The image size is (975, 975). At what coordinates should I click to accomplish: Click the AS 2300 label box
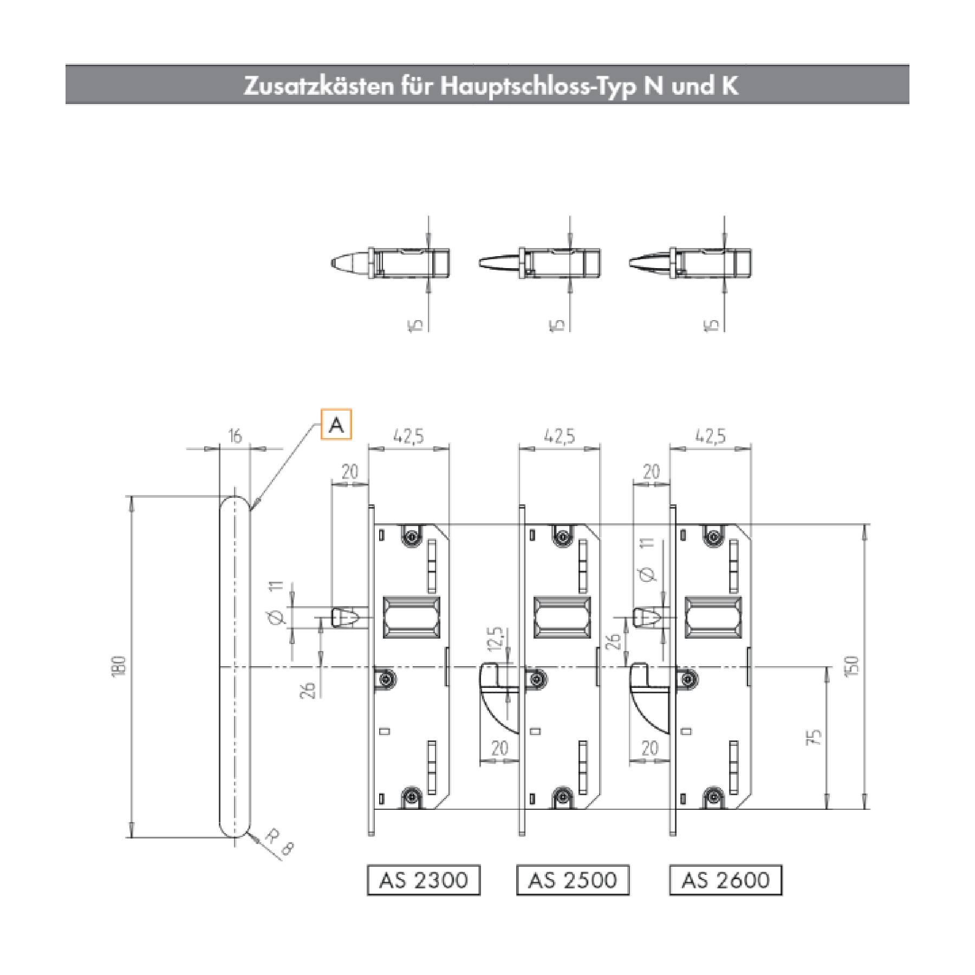424,880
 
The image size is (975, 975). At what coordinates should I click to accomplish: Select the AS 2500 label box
573,880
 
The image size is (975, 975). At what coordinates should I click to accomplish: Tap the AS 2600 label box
726,880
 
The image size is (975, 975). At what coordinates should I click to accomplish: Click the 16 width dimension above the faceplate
235,436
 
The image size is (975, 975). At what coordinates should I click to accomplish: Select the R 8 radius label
279,843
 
